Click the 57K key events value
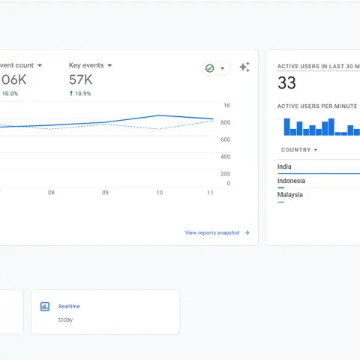pos(80,80)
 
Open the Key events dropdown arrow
pos(109,66)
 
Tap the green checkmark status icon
pos(210,68)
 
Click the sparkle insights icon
pos(244,67)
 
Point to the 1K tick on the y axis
pos(226,106)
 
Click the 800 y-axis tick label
pos(225,122)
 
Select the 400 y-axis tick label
pos(225,157)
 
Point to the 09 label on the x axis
pos(105,193)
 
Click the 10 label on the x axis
pos(159,193)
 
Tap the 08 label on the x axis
pos(51,193)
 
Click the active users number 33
pos(286,83)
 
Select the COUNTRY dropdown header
pos(298,150)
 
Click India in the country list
pos(284,166)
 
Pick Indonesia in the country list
pos(291,181)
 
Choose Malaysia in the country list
pos(289,195)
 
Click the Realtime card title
pos(69,306)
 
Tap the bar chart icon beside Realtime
pos(45,306)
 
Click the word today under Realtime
pos(65,319)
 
